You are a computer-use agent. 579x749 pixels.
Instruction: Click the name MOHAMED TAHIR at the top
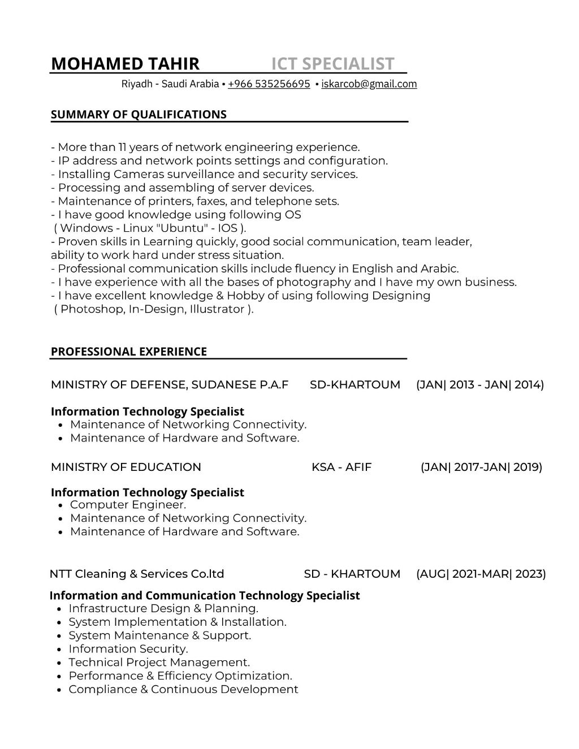[x=125, y=64]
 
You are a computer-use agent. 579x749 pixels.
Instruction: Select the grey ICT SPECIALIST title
[x=332, y=64]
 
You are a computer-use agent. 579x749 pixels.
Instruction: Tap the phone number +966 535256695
[x=269, y=84]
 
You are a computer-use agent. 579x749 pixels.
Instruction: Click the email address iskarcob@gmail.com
[x=369, y=84]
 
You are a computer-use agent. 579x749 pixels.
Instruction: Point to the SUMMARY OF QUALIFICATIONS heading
[x=139, y=115]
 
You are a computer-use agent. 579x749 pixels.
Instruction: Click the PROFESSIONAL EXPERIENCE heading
[x=129, y=352]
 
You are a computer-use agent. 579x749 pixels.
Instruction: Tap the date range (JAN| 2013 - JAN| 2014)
[x=480, y=385]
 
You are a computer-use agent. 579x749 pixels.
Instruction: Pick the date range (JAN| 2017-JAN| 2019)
[x=481, y=467]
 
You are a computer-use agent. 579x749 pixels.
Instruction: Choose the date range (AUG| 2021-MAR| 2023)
[x=481, y=574]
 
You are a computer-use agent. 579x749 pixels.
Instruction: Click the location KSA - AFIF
[x=342, y=467]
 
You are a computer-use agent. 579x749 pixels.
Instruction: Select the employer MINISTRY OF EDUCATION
[x=126, y=467]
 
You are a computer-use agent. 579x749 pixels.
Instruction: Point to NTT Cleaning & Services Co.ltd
[x=137, y=574]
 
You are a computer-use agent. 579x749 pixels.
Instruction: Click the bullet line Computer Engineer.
[x=128, y=505]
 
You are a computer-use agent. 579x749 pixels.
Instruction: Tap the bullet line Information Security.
[x=128, y=649]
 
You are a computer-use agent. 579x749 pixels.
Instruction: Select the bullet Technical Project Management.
[x=159, y=663]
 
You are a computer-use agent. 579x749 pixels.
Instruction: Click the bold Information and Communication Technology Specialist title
[x=205, y=595]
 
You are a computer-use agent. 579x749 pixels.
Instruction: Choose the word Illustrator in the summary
[x=218, y=309]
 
